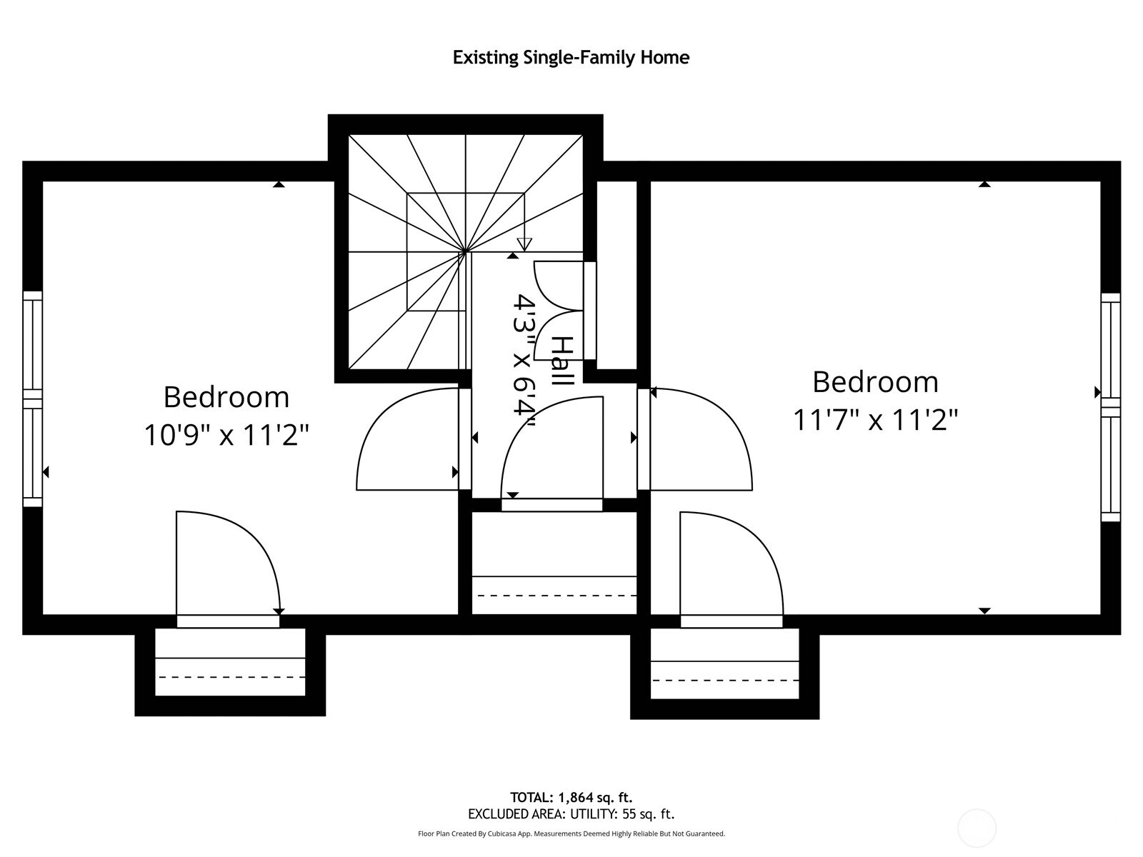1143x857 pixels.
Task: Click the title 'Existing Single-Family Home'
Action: (571, 57)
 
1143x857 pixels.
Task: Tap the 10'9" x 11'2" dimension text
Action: (226, 434)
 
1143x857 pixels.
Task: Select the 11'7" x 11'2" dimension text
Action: (875, 419)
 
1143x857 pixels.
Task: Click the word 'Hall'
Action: (564, 361)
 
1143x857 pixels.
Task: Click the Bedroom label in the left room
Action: (226, 397)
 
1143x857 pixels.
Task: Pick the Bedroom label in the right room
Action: (875, 382)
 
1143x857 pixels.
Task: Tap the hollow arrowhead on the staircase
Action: (524, 244)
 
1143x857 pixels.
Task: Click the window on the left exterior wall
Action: (33, 399)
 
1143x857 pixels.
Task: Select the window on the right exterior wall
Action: (1110, 407)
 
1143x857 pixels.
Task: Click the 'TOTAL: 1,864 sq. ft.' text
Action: (571, 797)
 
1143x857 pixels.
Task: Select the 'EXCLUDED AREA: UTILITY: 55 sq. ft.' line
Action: (571, 814)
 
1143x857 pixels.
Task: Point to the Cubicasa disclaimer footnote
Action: (571, 833)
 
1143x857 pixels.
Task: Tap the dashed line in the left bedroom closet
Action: (231, 676)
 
